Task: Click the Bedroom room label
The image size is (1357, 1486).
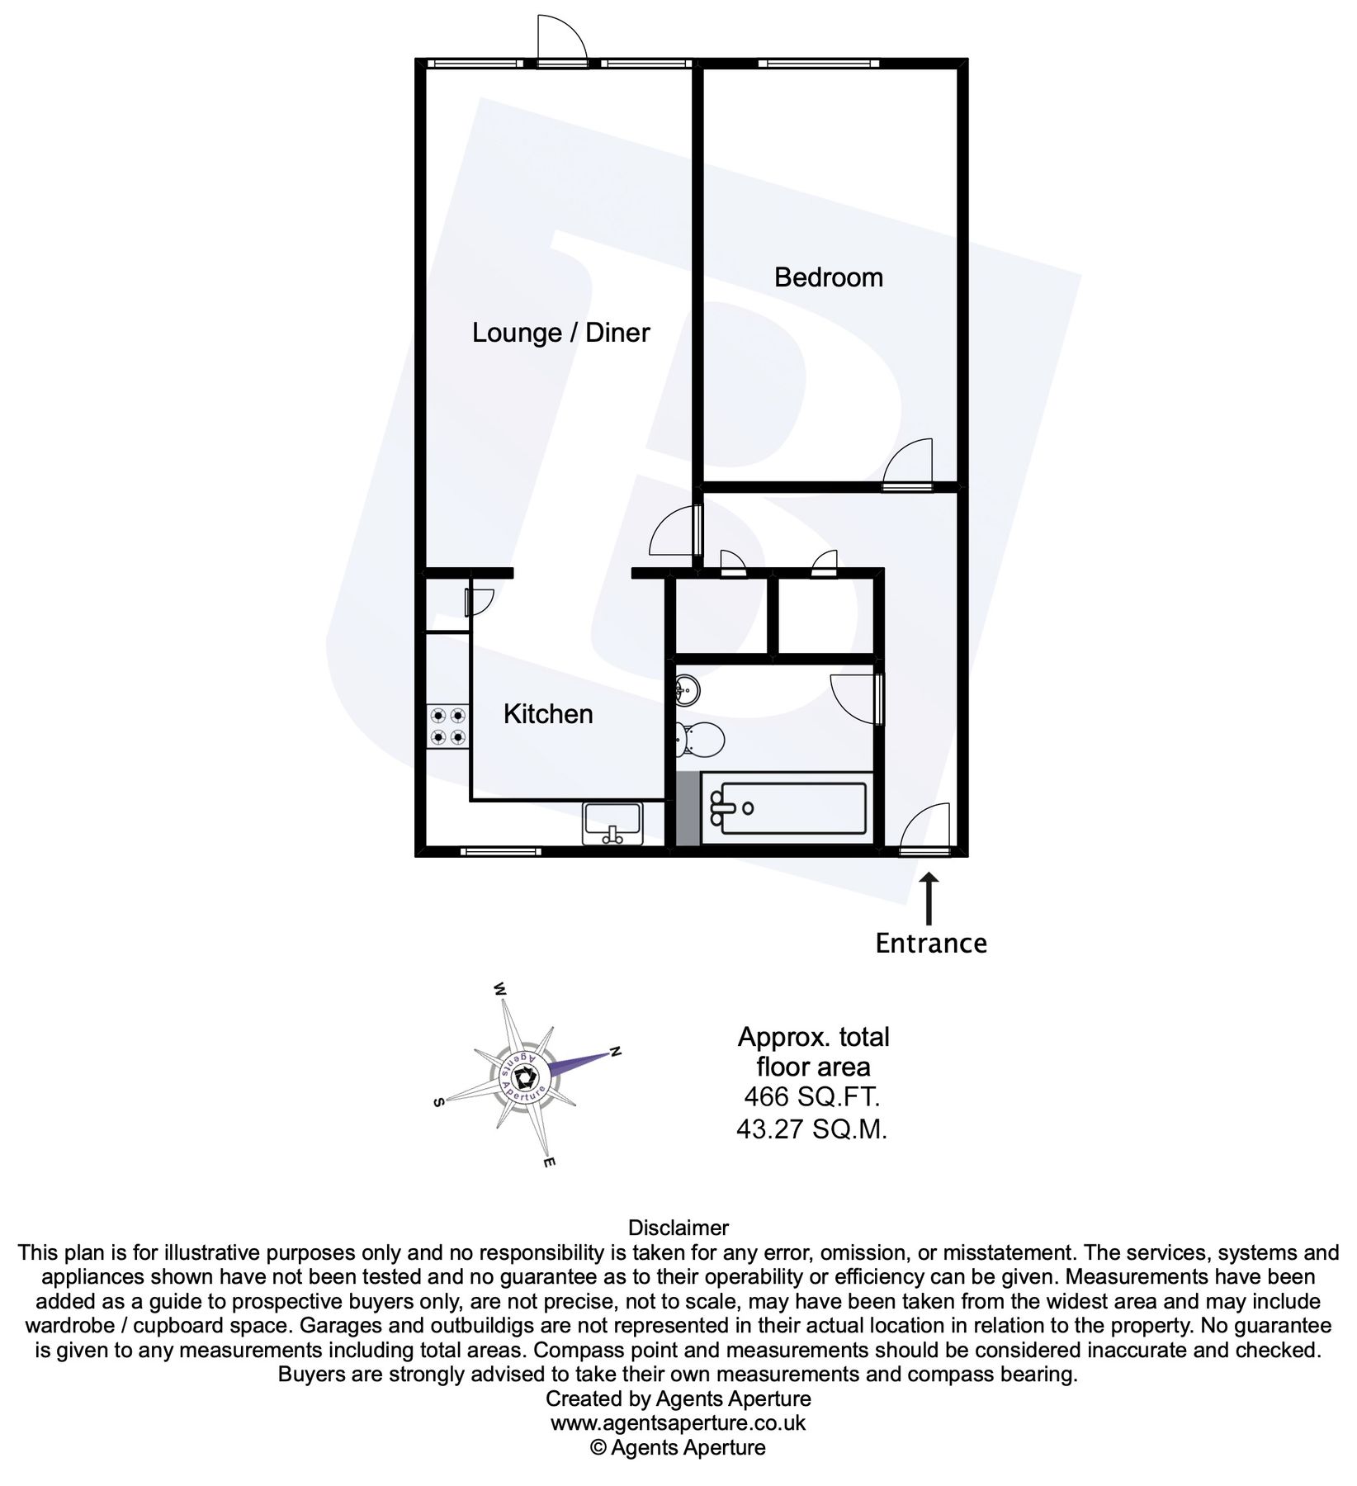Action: [x=828, y=277]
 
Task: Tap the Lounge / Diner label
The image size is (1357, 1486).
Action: [x=560, y=333]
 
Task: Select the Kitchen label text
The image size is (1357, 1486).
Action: [x=548, y=714]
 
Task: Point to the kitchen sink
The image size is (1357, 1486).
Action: [x=612, y=823]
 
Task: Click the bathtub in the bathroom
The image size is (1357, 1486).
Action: [x=787, y=808]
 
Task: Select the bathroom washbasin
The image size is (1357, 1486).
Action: [x=686, y=689]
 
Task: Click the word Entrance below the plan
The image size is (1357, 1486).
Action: [x=930, y=943]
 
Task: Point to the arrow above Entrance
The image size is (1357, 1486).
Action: [x=930, y=899]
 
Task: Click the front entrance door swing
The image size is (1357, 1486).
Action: [x=927, y=827]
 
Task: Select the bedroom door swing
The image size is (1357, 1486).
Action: [x=909, y=462]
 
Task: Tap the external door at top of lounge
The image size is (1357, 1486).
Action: [x=560, y=39]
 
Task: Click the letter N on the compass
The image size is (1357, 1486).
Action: [x=615, y=1051]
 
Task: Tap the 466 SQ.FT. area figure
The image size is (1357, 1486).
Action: [x=812, y=1097]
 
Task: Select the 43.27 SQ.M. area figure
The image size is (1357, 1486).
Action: [x=812, y=1129]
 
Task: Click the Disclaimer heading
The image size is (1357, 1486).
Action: [x=678, y=1228]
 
